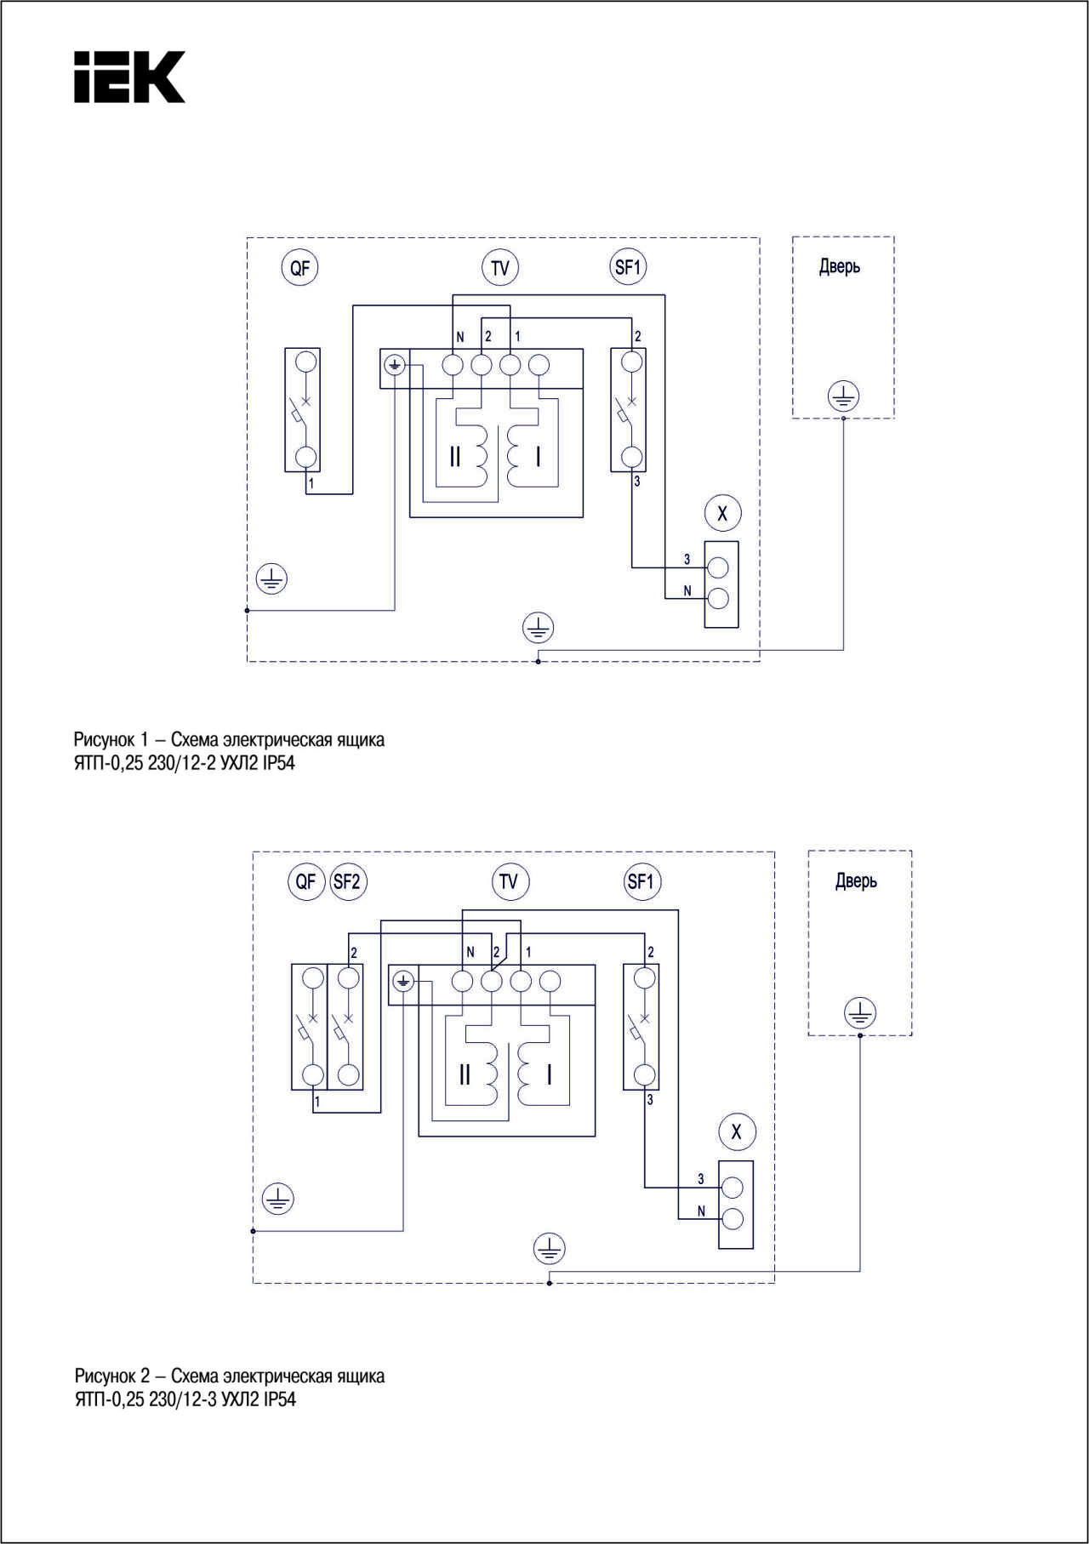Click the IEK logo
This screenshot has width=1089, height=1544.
(129, 77)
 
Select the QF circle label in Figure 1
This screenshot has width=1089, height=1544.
(299, 268)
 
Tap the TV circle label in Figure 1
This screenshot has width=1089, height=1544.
(500, 268)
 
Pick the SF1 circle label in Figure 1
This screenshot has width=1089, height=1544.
(628, 267)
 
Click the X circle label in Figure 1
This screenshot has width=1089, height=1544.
(723, 513)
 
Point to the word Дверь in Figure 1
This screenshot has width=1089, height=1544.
(840, 267)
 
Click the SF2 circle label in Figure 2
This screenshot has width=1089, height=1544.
(347, 881)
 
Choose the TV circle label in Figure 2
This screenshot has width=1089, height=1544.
(510, 881)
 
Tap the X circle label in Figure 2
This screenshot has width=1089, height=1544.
(737, 1131)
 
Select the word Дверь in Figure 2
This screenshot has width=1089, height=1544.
(856, 881)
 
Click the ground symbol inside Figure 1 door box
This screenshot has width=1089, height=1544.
(843, 396)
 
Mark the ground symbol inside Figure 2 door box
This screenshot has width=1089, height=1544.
(860, 1013)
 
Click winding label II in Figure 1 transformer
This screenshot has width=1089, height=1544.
(455, 457)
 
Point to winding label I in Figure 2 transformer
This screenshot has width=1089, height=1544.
(550, 1074)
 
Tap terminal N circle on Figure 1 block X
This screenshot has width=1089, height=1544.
(718, 599)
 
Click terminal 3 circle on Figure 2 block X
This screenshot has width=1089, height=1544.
(733, 1188)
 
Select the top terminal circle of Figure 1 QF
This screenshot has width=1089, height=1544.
(305, 362)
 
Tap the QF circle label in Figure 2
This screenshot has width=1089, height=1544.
(306, 881)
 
